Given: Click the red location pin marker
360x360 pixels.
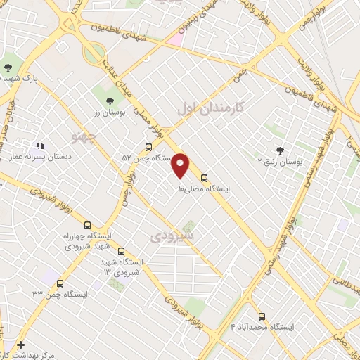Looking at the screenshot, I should [181, 165].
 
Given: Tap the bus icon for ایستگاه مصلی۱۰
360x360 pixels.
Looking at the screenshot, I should [205, 178].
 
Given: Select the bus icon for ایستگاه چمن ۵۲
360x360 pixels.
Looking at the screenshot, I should [148, 148].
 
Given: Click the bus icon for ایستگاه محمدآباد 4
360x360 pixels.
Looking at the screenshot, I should [262, 316].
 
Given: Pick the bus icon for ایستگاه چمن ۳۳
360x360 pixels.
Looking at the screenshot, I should [60, 284].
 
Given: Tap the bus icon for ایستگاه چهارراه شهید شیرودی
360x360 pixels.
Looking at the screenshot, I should [87, 226].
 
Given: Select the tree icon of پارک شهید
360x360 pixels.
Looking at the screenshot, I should [8, 67].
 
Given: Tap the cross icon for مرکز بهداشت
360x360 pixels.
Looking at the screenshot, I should [21, 345].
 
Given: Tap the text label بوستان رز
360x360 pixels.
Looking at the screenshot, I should [108, 112].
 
